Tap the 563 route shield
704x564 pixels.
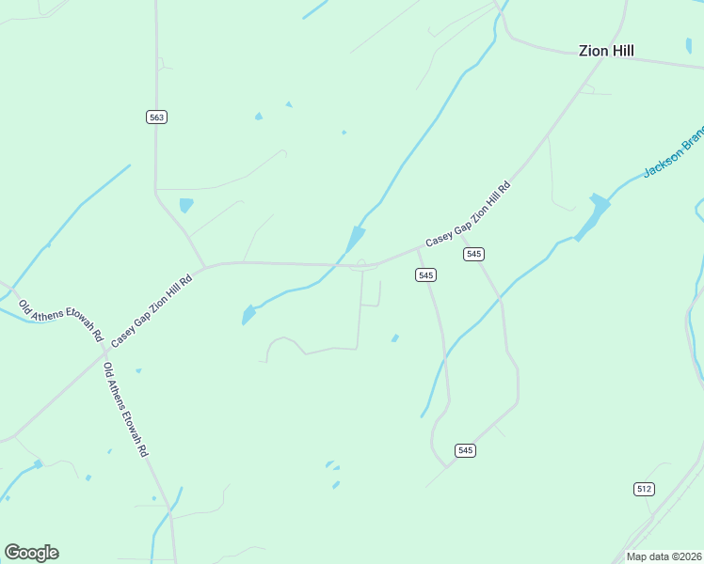(156, 117)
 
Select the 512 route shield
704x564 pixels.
(644, 489)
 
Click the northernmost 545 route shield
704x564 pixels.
(473, 255)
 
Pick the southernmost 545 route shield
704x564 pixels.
(464, 450)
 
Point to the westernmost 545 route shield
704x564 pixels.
(425, 274)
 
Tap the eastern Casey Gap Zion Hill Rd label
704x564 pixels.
(468, 214)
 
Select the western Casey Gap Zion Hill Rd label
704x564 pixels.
(152, 309)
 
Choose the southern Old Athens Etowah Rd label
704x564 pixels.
(125, 410)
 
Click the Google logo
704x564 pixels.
(31, 553)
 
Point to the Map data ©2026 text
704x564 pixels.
(664, 556)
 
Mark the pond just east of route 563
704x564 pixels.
(186, 205)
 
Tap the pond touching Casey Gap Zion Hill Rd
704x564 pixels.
(356, 239)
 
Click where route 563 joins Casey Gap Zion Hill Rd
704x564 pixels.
(204, 266)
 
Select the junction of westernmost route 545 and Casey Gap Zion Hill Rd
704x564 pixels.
(417, 250)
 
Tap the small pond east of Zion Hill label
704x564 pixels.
(689, 44)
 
